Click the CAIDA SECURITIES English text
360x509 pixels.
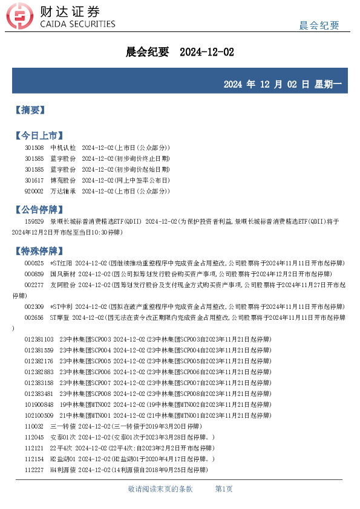(77, 24)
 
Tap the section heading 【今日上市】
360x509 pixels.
(38, 135)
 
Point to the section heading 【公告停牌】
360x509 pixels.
(38, 210)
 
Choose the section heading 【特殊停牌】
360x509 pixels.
(38, 250)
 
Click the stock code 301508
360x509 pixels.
(34, 148)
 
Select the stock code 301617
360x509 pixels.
(34, 180)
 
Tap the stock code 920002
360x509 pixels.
(34, 191)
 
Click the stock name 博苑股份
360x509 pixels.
(63, 180)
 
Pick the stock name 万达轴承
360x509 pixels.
(63, 191)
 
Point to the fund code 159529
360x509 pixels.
(34, 222)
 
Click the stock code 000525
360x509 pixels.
(34, 264)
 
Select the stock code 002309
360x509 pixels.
(34, 306)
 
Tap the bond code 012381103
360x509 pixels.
(39, 339)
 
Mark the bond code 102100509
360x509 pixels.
(39, 415)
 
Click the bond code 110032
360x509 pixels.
(34, 426)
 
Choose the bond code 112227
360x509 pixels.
(34, 470)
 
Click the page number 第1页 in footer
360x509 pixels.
(224, 489)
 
